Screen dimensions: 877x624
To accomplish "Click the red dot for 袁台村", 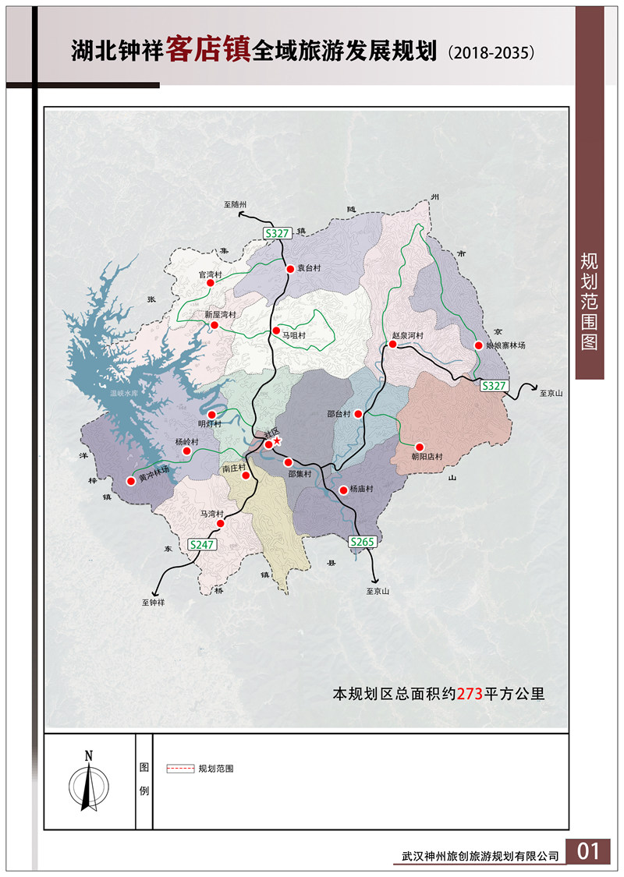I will pos(289,268).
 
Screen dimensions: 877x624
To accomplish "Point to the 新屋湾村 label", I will pos(221,314).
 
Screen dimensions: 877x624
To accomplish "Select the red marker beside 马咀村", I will pos(275,331).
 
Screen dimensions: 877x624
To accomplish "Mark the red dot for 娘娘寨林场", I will pos(478,345).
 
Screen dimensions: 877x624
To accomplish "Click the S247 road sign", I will pos(201,545).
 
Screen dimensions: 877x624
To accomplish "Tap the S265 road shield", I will pos(363,541).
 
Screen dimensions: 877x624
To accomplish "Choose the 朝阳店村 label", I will pos(427,456).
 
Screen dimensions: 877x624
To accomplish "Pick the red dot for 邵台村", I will pos(358,414).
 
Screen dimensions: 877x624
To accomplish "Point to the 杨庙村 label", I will pos(362,490).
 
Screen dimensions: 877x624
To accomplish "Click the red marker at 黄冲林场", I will pos(131,481).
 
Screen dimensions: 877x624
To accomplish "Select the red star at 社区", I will pos(277,440).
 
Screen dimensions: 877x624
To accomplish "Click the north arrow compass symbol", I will pos(89,783).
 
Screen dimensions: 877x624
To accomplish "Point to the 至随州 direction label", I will pos(235,204).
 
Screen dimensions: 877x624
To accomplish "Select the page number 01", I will pos(589,851).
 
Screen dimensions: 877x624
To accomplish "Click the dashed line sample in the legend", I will pos(180,769).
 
